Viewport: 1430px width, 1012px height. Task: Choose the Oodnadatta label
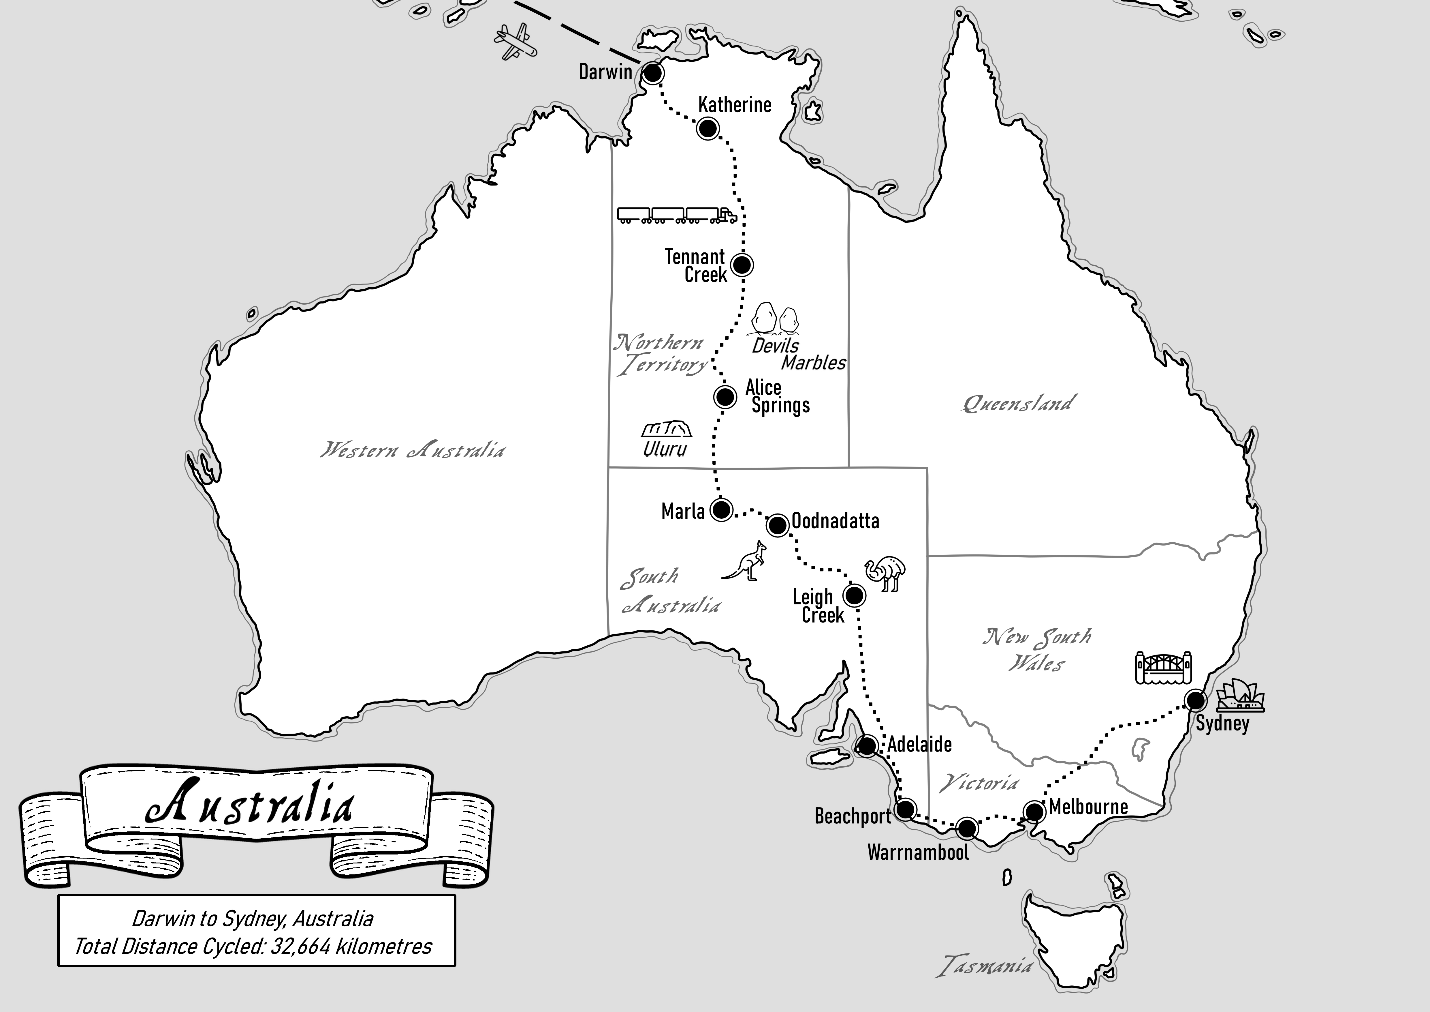pyautogui.click(x=835, y=521)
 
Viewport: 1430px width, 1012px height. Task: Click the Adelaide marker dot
pyautogui.click(x=867, y=745)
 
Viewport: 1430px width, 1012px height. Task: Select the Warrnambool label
pyautogui.click(x=918, y=852)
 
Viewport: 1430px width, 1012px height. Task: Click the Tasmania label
pyautogui.click(x=984, y=966)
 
